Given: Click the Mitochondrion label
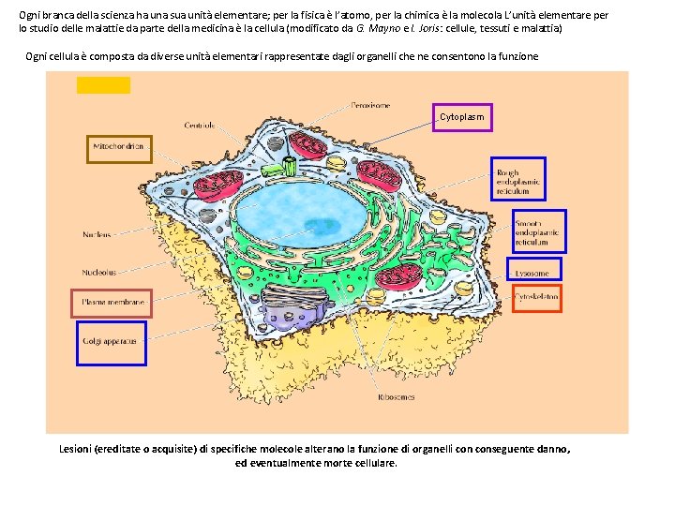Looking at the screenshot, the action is pos(118,148).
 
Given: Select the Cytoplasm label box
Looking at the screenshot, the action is pos(462,117).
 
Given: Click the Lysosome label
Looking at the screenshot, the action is pos(532,273).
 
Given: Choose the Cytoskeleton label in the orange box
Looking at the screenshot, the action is pos(536,297).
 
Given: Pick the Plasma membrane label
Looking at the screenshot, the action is pos(112,303).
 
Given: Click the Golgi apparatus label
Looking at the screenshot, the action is pos(112,341).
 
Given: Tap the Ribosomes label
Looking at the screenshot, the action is pos(396,397).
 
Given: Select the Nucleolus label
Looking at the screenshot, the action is pos(99,273).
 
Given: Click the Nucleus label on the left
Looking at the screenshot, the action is pos(97,234).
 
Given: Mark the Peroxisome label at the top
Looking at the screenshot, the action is pos(370,106).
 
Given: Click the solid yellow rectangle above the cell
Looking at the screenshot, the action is pos(103,85).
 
